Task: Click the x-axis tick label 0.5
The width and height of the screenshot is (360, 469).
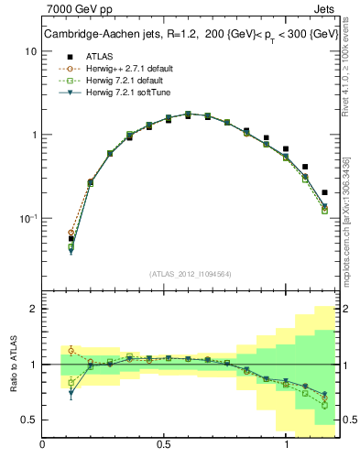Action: [165, 445]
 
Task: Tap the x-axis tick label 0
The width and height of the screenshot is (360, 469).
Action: [43, 445]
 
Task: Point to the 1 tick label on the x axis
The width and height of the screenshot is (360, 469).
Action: [288, 445]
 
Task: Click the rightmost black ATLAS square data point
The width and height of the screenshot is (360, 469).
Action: [324, 192]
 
